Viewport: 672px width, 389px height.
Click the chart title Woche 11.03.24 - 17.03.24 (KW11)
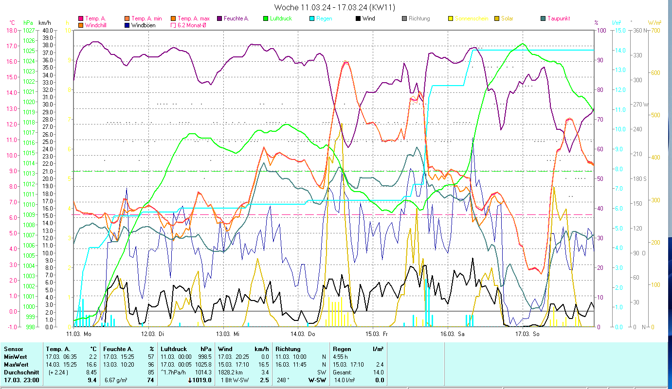click(335, 7)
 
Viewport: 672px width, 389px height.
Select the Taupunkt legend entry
click(558, 18)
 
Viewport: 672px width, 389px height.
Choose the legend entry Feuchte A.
click(236, 18)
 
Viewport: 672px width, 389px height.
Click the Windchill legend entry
click(98, 25)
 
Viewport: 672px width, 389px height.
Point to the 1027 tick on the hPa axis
click(29, 30)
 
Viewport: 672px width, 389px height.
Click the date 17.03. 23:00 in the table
click(21, 380)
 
